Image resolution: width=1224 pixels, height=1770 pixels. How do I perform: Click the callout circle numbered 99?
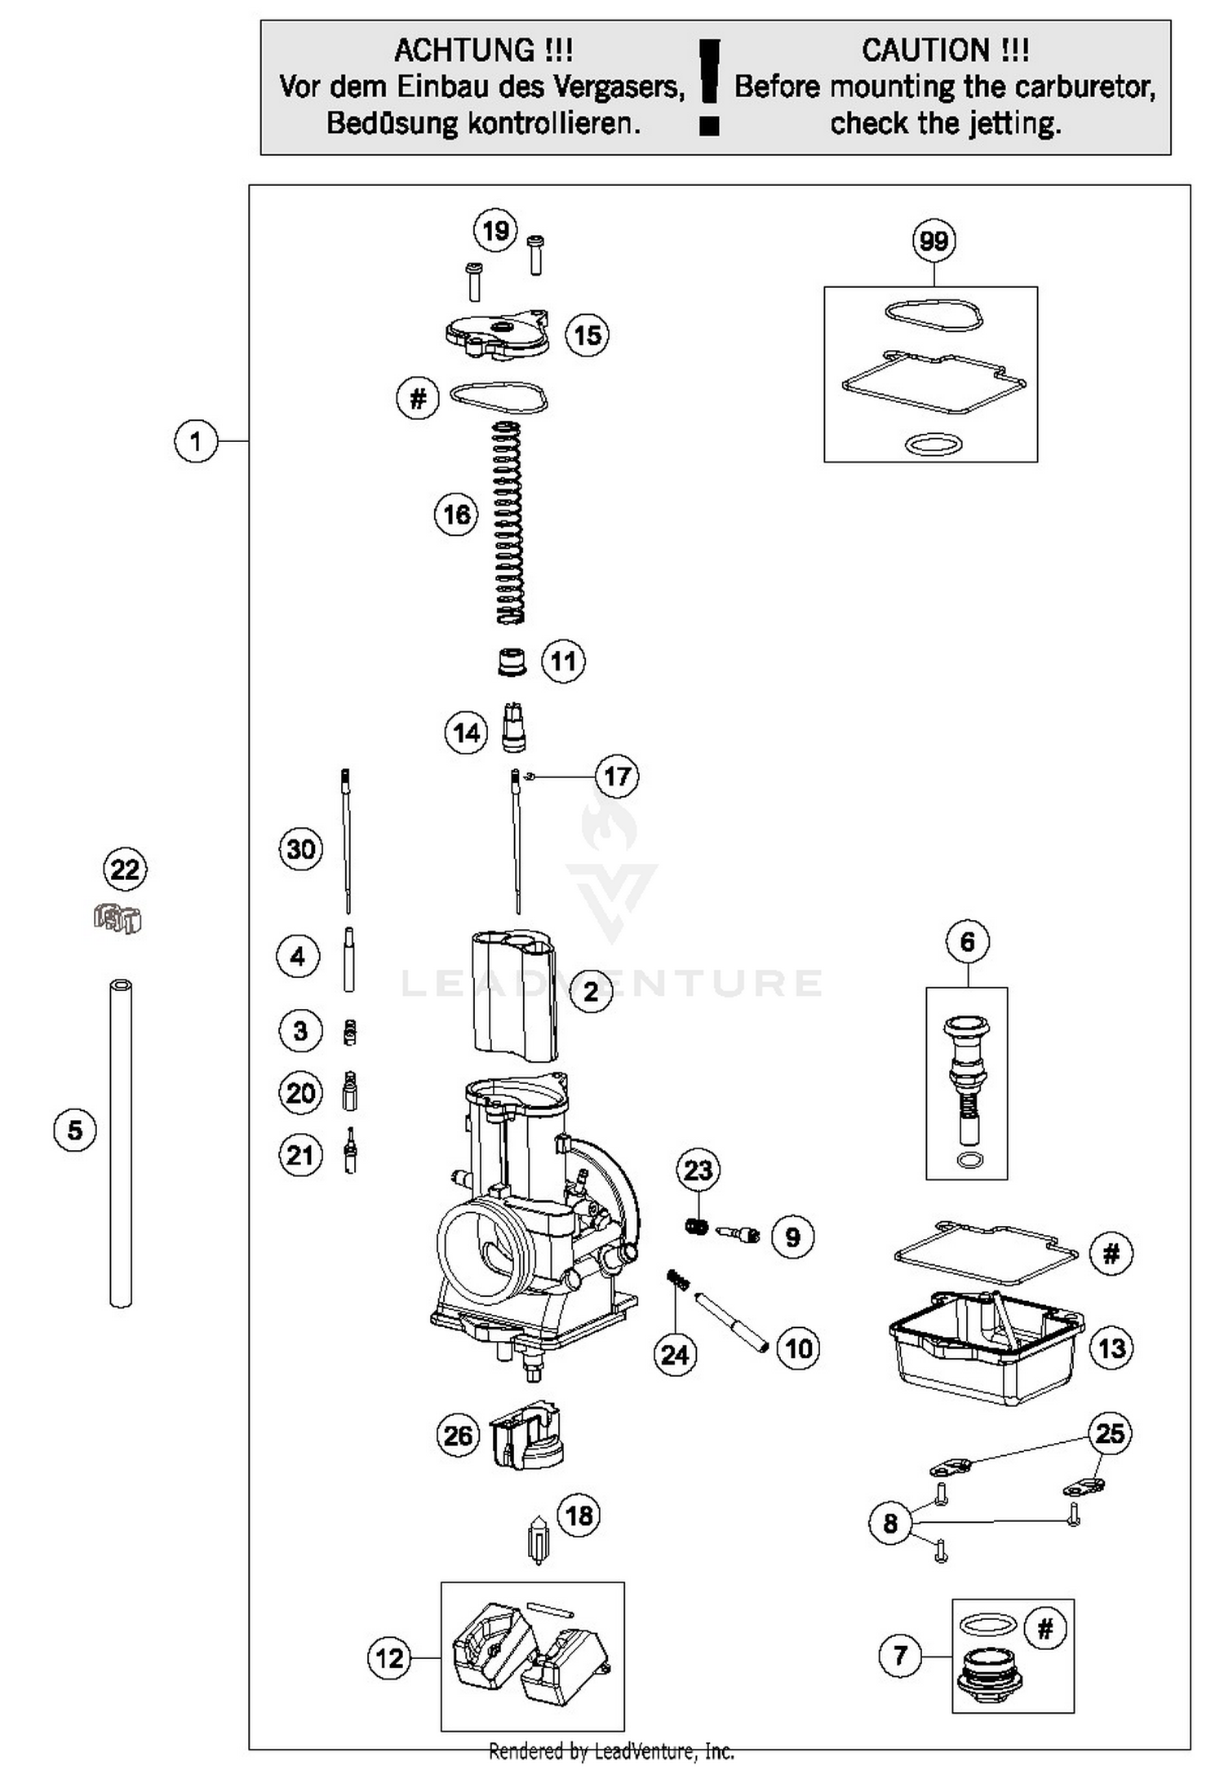934,241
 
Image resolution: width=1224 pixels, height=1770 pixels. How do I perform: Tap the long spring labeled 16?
508,522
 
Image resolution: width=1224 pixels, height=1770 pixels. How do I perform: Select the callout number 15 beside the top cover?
588,334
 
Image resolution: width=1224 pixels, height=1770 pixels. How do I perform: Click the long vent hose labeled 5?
121,1142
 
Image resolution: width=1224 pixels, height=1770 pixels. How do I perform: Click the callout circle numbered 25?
1110,1433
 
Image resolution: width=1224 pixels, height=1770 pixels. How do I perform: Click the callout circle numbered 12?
389,1657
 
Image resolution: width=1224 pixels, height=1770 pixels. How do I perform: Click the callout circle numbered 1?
196,441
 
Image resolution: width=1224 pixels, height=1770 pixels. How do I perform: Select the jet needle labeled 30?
347,840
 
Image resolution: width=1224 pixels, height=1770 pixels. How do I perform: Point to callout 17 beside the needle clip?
616,776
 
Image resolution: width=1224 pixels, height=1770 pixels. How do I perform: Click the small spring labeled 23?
696,1226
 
